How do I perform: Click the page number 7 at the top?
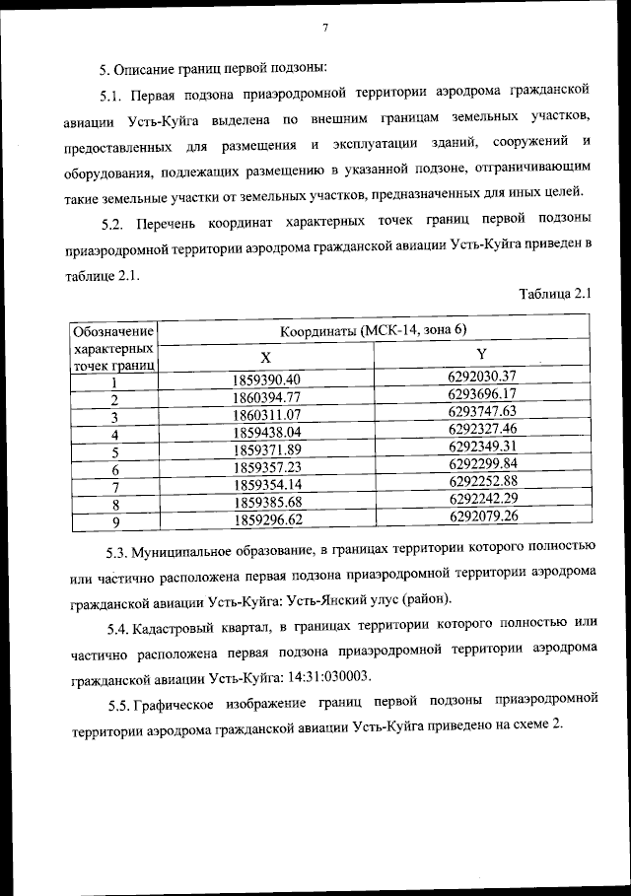(323, 28)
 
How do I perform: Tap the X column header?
(266, 356)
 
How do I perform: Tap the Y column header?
(481, 354)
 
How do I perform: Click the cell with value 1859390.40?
(266, 379)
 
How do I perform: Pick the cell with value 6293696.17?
(481, 393)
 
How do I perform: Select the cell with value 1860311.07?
(266, 415)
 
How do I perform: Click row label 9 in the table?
(115, 521)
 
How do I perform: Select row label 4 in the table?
(115, 435)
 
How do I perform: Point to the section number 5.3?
(119, 547)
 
